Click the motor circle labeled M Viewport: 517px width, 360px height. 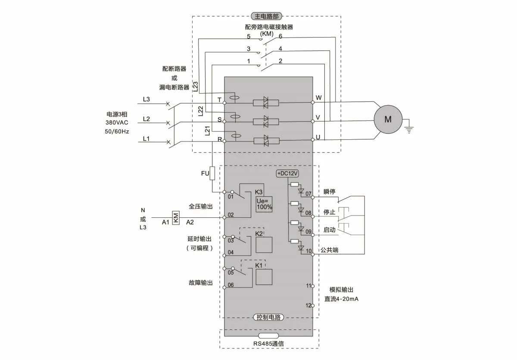tap(388, 120)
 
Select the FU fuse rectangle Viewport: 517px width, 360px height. tap(212, 173)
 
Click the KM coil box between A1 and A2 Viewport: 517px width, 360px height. tap(175, 217)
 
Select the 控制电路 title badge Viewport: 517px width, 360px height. tap(268, 317)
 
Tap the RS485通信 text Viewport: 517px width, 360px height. tap(268, 343)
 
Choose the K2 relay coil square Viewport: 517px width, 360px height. tap(264, 244)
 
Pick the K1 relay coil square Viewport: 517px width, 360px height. tap(264, 276)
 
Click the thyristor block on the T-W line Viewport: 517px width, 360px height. tap(266, 103)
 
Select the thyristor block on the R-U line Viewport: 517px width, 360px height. tap(266, 140)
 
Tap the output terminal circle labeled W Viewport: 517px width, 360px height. tap(313, 103)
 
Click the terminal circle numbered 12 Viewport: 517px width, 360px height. tap(313, 305)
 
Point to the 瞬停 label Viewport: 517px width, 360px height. tap(329, 191)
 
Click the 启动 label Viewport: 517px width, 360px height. tap(329, 230)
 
